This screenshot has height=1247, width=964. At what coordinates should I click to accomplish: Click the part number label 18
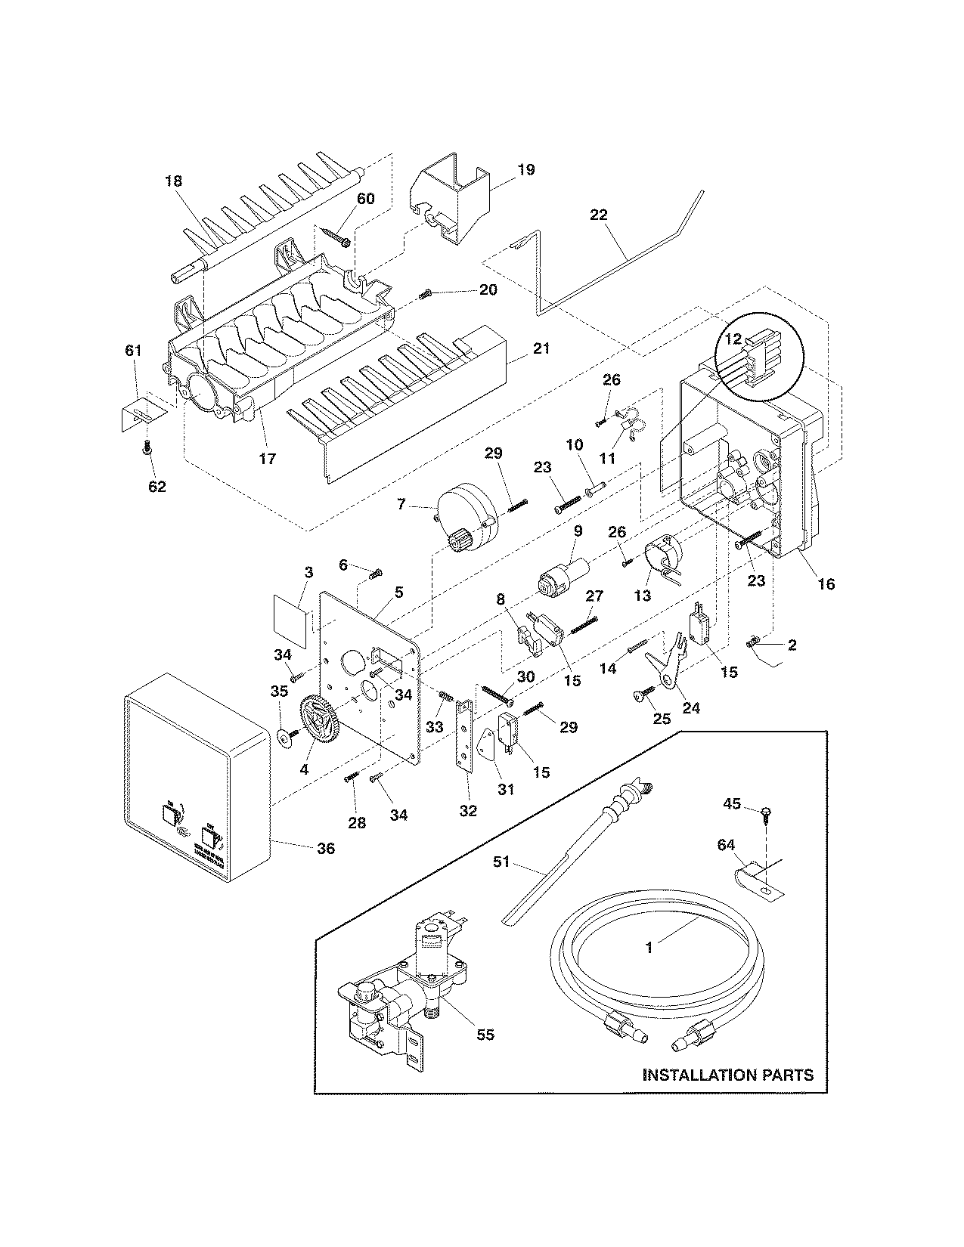point(173,181)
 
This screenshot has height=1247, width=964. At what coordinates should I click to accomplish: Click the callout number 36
point(326,848)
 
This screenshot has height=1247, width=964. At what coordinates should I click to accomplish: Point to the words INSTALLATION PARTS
point(727,1074)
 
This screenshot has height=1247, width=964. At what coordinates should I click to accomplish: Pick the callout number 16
point(826,583)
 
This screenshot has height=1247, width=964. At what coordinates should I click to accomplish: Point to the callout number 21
point(541,348)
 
